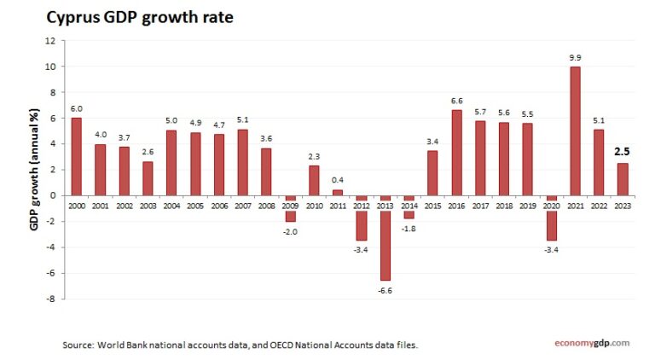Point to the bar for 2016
coord(457,152)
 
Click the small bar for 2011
coord(339,192)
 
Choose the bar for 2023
coord(623,178)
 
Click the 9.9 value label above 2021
coord(576,58)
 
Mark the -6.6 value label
coord(385,291)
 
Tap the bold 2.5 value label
coord(623,154)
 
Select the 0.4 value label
coord(339,179)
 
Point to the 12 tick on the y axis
coord(50,40)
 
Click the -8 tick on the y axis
coord(51,299)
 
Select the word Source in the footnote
coord(78,345)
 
